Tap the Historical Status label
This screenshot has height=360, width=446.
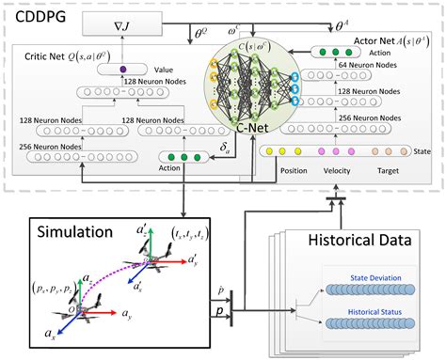[x=370, y=307]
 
